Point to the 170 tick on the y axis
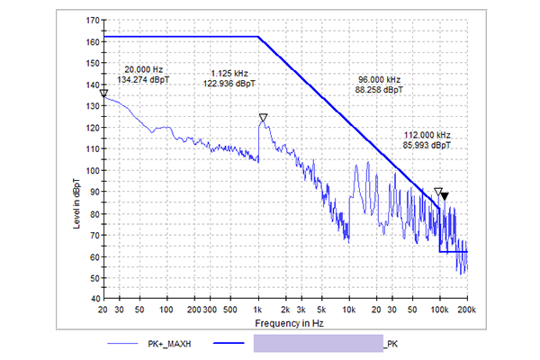pos(93,19)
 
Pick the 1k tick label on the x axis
pos(258,308)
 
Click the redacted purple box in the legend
pos(319,343)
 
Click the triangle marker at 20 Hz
pos(104,93)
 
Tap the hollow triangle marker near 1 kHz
pos(263,118)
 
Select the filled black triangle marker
pos(444,195)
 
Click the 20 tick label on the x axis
pos(104,308)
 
